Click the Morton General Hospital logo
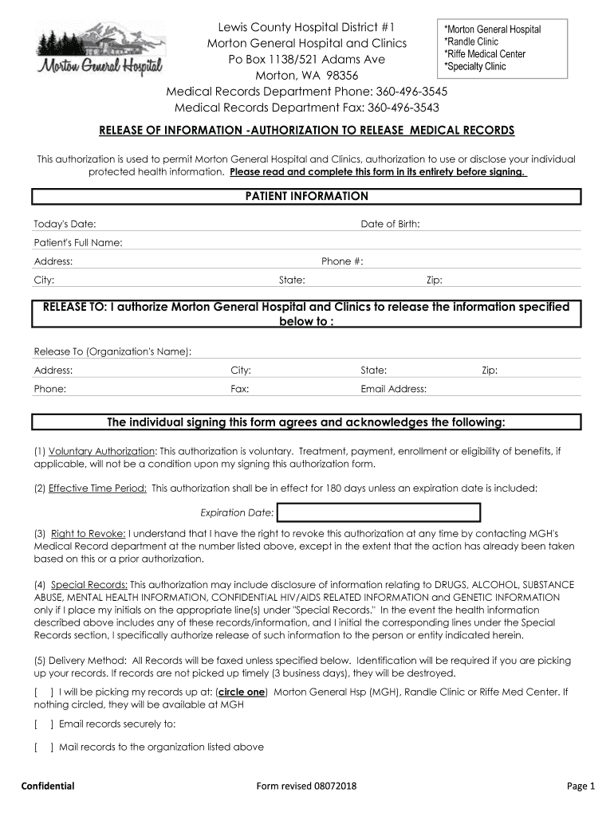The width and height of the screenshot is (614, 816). coord(99,53)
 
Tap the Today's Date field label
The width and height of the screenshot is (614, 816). coord(65,225)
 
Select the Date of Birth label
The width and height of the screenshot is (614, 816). coord(390,224)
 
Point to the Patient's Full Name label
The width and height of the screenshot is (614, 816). coord(78,242)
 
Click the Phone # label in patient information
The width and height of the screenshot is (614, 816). coord(342,261)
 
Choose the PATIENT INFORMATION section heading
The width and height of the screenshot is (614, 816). coord(307,196)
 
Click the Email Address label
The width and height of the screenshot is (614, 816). coord(394,389)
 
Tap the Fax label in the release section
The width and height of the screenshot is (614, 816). coord(240,389)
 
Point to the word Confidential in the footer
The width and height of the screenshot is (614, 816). coord(48,787)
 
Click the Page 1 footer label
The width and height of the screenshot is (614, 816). coord(581,787)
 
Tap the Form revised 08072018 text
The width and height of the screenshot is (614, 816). coord(307,787)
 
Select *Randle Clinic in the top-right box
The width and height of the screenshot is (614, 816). coord(471,41)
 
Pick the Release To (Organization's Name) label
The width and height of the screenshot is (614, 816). coord(112,351)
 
